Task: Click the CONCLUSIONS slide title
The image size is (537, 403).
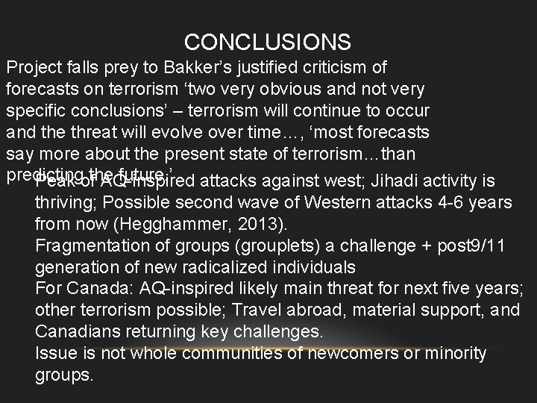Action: (268, 40)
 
